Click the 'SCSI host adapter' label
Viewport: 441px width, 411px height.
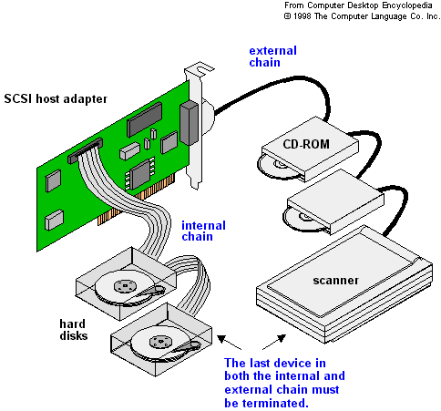[x=56, y=99]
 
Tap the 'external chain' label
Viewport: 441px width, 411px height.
[x=272, y=57]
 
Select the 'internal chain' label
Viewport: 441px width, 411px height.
[x=203, y=231]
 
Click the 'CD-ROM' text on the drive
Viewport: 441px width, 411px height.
[x=306, y=144]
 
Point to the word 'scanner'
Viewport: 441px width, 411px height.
[x=335, y=280]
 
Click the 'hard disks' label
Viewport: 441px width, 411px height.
[x=73, y=330]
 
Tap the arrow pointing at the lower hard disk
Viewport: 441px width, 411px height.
[x=230, y=342]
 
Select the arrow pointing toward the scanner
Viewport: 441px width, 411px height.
[x=274, y=342]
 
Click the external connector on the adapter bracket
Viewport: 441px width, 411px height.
[x=189, y=123]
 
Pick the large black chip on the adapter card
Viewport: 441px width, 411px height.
[x=144, y=119]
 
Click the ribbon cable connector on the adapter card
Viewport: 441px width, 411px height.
[x=85, y=150]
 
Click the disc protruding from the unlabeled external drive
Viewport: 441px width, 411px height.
[x=303, y=220]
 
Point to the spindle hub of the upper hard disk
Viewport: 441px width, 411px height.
[x=125, y=286]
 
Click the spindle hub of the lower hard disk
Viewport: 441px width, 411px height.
[x=160, y=342]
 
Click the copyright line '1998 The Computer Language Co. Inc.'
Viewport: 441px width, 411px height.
[x=362, y=16]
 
